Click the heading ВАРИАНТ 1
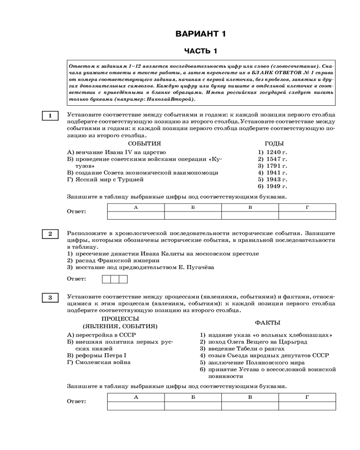click(200, 34)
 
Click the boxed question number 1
click(50, 116)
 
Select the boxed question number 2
click(50, 234)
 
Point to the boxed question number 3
click(50, 297)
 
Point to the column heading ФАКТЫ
click(267, 323)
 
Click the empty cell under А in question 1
click(135, 215)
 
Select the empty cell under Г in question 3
click(307, 406)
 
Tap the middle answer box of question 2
click(115, 279)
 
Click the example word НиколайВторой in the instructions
click(169, 99)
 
